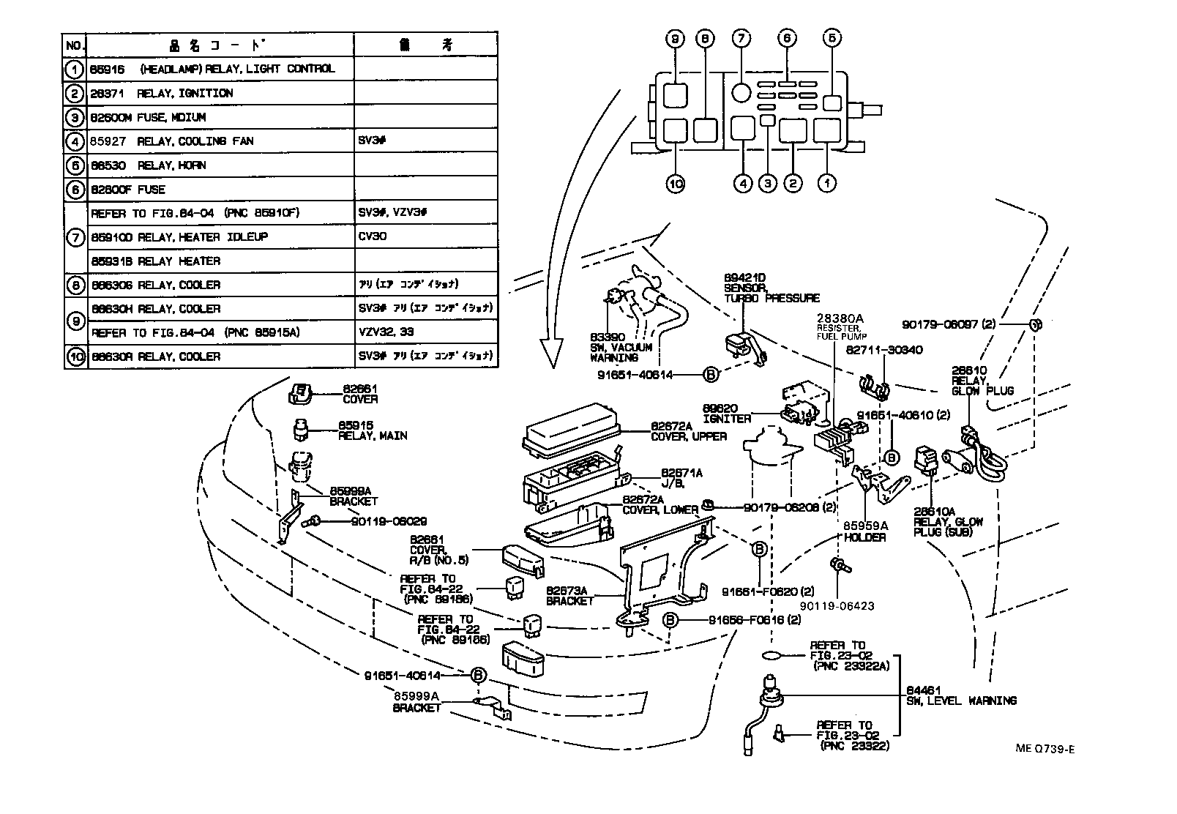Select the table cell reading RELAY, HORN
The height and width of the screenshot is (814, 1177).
pos(171,165)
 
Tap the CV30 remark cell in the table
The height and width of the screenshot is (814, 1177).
pos(373,237)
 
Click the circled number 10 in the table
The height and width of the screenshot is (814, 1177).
pos(75,356)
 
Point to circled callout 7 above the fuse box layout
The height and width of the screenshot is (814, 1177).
pos(741,38)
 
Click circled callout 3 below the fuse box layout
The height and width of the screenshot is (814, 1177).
pos(766,183)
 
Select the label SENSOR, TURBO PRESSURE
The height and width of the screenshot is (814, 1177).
pos(771,294)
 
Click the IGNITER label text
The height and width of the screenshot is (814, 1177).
pos(727,419)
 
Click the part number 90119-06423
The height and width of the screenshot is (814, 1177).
pos(837,606)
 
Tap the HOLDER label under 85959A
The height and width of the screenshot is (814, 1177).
pos(864,537)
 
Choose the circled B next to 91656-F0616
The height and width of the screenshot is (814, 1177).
pos(670,620)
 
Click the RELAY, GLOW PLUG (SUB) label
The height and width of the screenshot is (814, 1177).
pos(947,523)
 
